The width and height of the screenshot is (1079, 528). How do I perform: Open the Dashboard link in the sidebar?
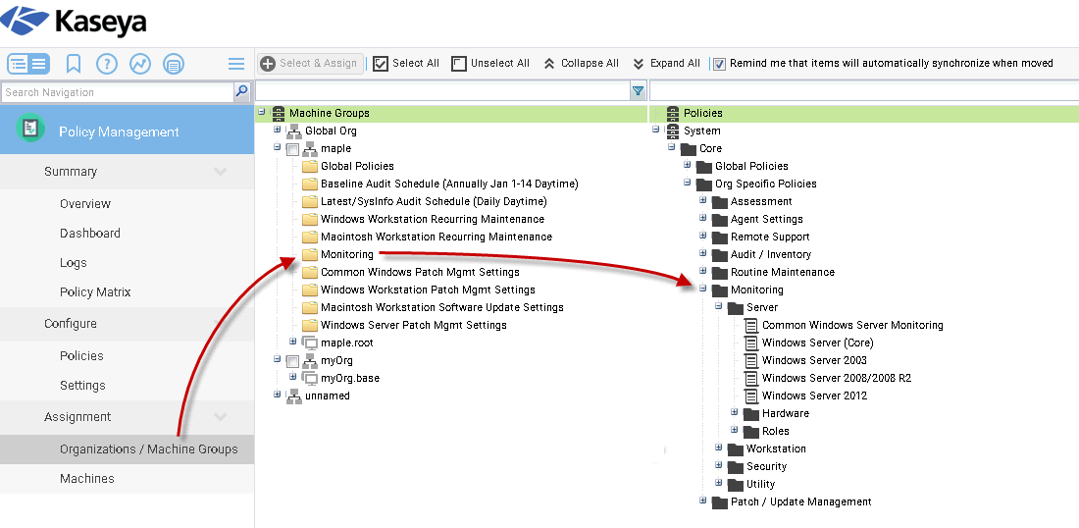click(90, 234)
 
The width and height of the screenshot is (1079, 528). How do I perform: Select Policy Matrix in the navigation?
click(95, 292)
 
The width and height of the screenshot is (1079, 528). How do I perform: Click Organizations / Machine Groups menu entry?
click(148, 449)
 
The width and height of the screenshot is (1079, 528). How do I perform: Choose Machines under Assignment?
click(87, 479)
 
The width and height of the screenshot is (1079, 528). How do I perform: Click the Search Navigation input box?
click(117, 92)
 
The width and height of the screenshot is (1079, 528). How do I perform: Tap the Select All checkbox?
click(382, 64)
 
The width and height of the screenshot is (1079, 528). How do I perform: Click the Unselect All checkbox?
click(459, 64)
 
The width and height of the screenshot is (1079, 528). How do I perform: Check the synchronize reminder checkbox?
click(720, 64)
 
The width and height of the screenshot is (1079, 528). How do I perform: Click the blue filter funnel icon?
click(639, 91)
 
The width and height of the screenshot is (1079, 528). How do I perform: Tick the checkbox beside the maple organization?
click(292, 149)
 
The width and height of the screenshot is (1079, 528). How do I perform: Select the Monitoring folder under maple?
click(346, 254)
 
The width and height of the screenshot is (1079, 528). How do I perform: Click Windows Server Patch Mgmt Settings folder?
click(413, 325)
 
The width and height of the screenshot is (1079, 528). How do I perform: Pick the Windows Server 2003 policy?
click(814, 360)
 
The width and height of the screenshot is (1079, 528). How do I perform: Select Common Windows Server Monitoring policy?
click(851, 325)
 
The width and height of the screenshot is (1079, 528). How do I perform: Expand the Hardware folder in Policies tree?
click(734, 413)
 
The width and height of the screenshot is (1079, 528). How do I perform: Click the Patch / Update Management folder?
click(800, 502)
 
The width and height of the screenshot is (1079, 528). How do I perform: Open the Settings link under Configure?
click(82, 386)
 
